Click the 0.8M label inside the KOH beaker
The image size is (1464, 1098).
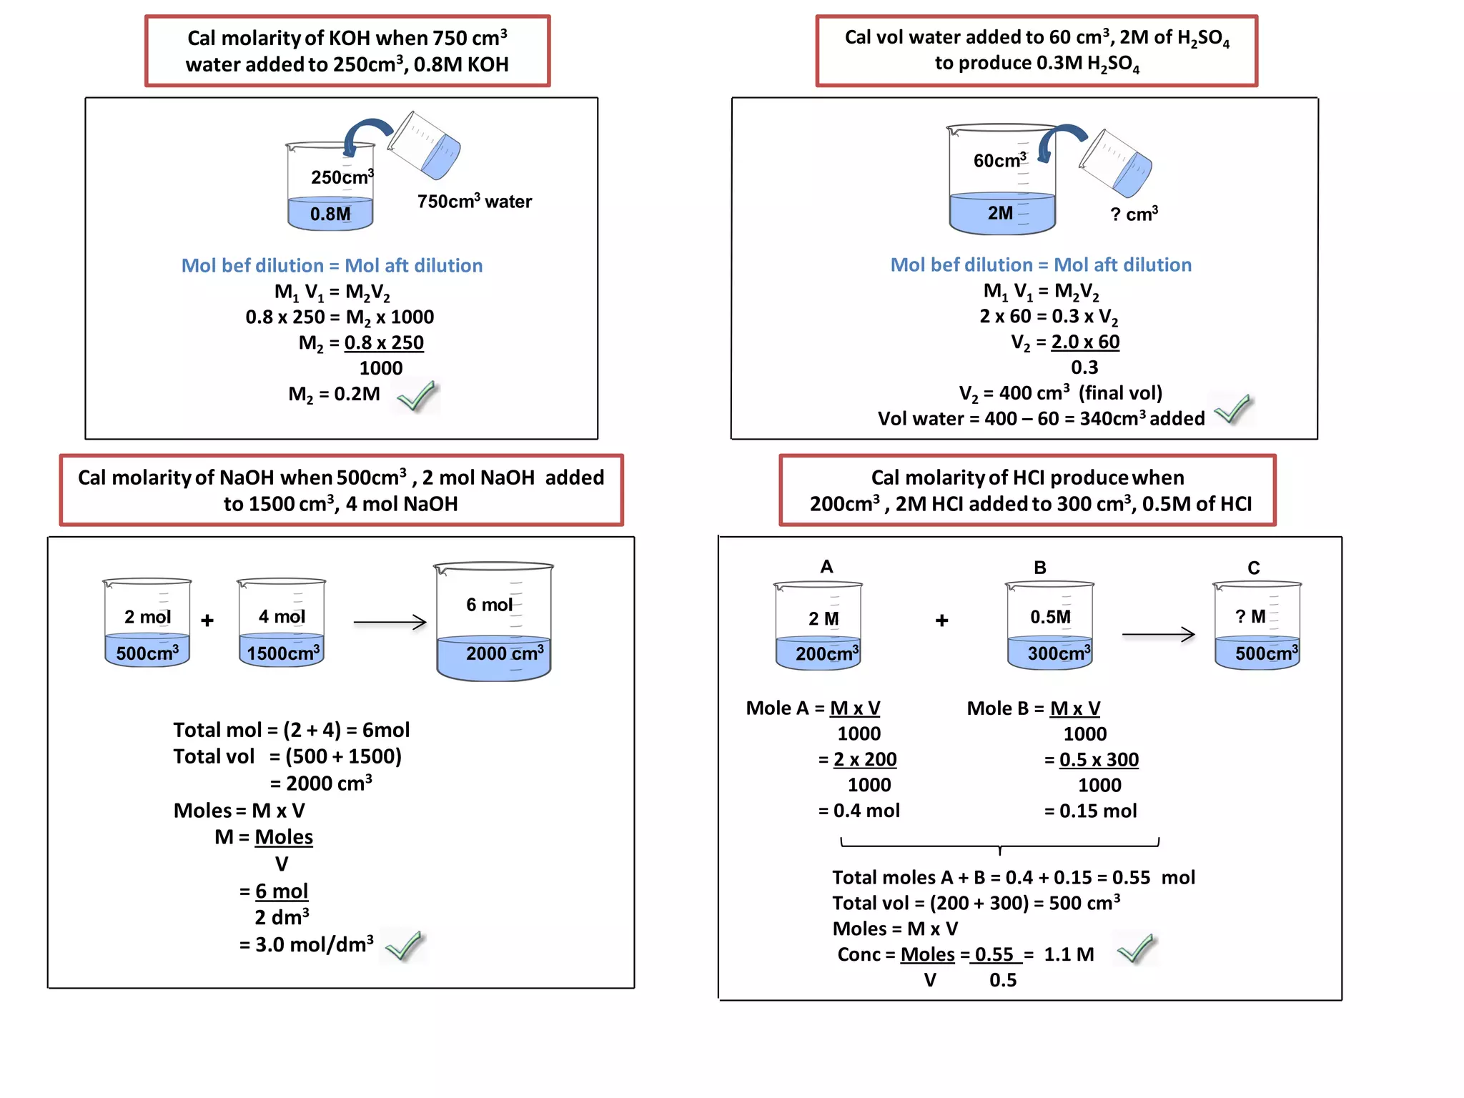coord(330,214)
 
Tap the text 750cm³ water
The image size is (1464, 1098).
coord(475,202)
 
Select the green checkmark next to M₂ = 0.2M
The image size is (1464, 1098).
coord(417,396)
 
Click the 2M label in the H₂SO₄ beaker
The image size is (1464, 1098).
coord(1000,213)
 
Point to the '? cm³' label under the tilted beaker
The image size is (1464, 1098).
coord(1134,214)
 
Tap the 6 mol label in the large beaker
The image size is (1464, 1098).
coord(489,605)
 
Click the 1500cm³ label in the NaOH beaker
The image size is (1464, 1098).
coord(283,653)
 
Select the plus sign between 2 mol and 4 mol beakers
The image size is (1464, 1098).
coord(207,620)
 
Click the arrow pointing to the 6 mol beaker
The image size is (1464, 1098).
coord(390,623)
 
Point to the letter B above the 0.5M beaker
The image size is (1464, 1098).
coord(1040,568)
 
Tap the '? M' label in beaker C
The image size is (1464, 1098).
coord(1250,616)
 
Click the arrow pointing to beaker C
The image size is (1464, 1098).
coord(1158,634)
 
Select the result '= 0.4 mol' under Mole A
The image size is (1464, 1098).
coord(859,811)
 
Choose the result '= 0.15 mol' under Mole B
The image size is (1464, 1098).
coord(1090,811)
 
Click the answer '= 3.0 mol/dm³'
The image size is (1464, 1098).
coord(306,944)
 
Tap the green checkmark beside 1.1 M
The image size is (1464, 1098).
coord(1136,949)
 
